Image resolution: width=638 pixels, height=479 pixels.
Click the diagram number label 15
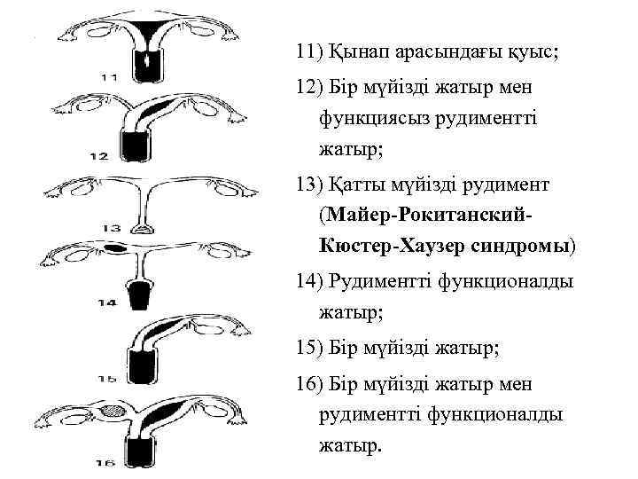click(x=107, y=380)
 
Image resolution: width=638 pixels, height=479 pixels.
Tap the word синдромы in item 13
click(x=523, y=244)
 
